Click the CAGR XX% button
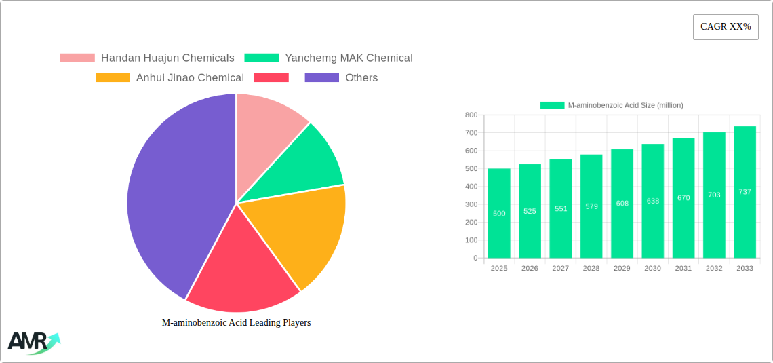tap(725, 27)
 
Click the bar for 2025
tap(499, 213)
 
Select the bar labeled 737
tap(745, 192)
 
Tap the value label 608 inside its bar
tap(622, 204)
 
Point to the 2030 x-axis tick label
tap(652, 269)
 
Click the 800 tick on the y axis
tap(471, 115)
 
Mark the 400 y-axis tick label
tap(471, 187)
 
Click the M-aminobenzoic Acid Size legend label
tap(625, 105)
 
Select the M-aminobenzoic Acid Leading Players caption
tap(236, 323)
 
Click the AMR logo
tap(33, 342)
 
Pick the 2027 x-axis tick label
tap(560, 269)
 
